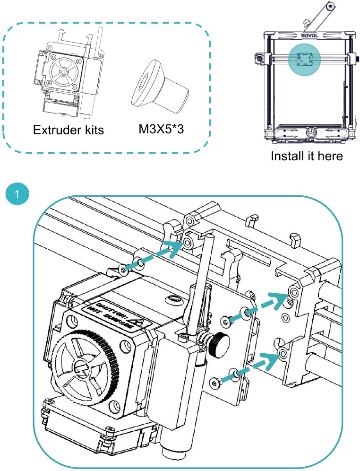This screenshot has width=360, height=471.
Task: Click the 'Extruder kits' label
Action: [x=69, y=130]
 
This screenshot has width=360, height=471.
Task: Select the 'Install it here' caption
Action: [x=307, y=156]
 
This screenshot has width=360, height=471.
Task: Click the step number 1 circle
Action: [x=17, y=194]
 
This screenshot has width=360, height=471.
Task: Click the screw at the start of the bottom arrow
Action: [x=218, y=380]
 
